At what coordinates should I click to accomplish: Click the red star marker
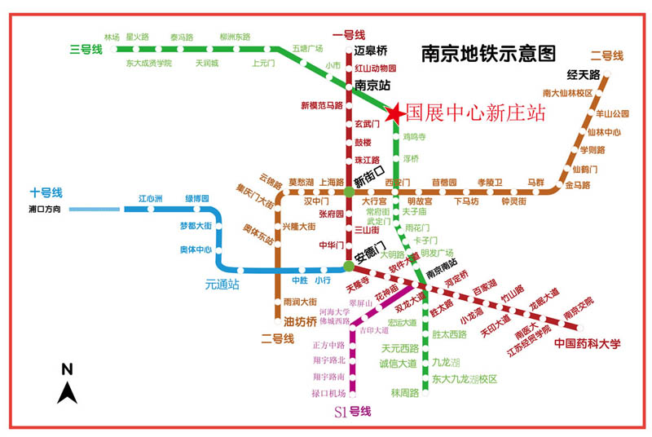tap(394, 113)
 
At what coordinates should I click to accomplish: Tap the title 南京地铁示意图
tap(488, 54)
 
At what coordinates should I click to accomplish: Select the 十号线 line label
tap(46, 193)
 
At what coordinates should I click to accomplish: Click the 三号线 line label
tap(86, 50)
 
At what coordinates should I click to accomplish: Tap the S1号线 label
tap(352, 412)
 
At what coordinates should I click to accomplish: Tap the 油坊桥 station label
tap(300, 321)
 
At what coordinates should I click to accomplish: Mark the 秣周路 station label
tap(404, 393)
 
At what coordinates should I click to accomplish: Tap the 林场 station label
tap(112, 38)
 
